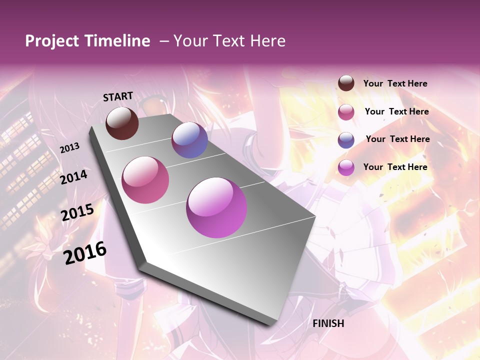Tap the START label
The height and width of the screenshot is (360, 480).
(x=118, y=96)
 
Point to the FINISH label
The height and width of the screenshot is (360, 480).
(x=328, y=323)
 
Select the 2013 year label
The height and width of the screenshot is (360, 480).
(x=70, y=147)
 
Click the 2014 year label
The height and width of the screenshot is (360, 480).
(x=73, y=177)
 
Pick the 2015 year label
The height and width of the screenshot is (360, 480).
(x=77, y=212)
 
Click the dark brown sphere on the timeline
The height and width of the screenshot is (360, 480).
(x=122, y=123)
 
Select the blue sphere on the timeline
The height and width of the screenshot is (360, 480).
(x=189, y=140)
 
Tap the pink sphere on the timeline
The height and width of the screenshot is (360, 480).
(x=145, y=180)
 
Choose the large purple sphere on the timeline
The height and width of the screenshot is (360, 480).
(x=216, y=207)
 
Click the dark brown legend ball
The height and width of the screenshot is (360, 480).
(x=346, y=83)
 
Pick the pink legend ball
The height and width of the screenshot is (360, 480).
(x=346, y=111)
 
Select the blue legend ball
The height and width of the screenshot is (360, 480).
(x=346, y=139)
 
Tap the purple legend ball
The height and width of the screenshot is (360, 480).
(x=346, y=167)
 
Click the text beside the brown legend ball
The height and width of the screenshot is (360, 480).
(x=395, y=84)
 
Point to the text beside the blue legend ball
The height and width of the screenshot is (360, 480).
(x=397, y=139)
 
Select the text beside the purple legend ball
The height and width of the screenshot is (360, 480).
(x=395, y=167)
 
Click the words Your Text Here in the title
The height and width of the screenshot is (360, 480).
(x=229, y=41)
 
